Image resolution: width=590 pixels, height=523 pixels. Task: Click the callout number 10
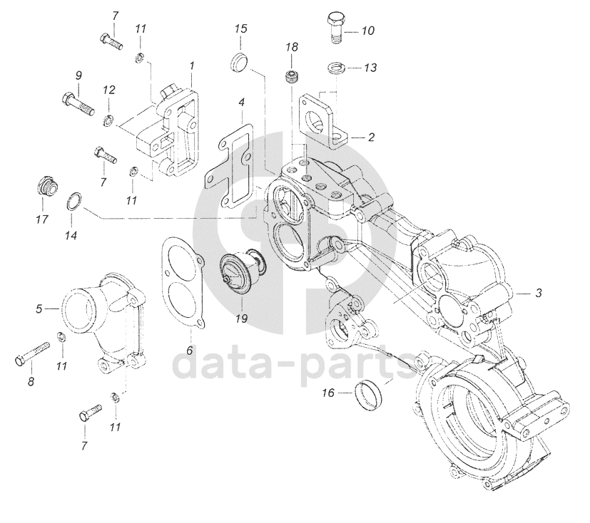[x=368, y=31]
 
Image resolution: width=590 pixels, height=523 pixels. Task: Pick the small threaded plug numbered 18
[x=291, y=76]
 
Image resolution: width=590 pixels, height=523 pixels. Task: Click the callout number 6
[x=190, y=351]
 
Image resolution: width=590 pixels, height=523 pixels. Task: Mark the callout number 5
[x=38, y=309]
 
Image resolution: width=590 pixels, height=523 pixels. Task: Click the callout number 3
[x=539, y=293]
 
